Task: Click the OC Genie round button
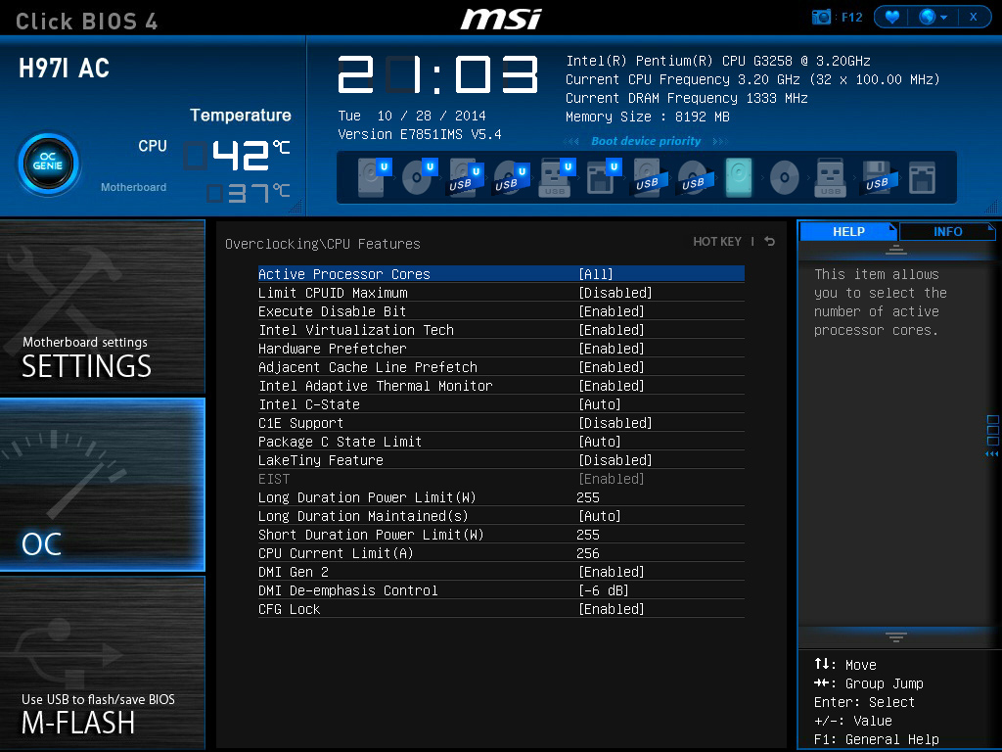tap(49, 164)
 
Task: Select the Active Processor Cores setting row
tap(501, 274)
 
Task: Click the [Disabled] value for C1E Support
tap(615, 423)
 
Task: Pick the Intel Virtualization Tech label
tap(356, 330)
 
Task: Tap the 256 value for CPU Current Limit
tap(588, 553)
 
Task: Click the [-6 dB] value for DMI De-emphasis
tap(603, 590)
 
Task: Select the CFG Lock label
tap(289, 609)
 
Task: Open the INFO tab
tap(947, 231)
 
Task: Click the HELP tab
tap(848, 231)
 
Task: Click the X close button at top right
tap(974, 17)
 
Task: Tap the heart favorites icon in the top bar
tap(892, 17)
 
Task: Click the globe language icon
tap(928, 17)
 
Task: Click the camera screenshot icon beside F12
tap(821, 18)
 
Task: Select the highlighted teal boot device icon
tap(739, 176)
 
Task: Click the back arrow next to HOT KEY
tap(769, 241)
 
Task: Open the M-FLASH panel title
tap(78, 724)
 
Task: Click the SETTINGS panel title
tap(86, 366)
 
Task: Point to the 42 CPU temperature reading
tap(241, 156)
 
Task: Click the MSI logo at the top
tap(502, 20)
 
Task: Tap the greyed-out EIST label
tap(274, 479)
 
